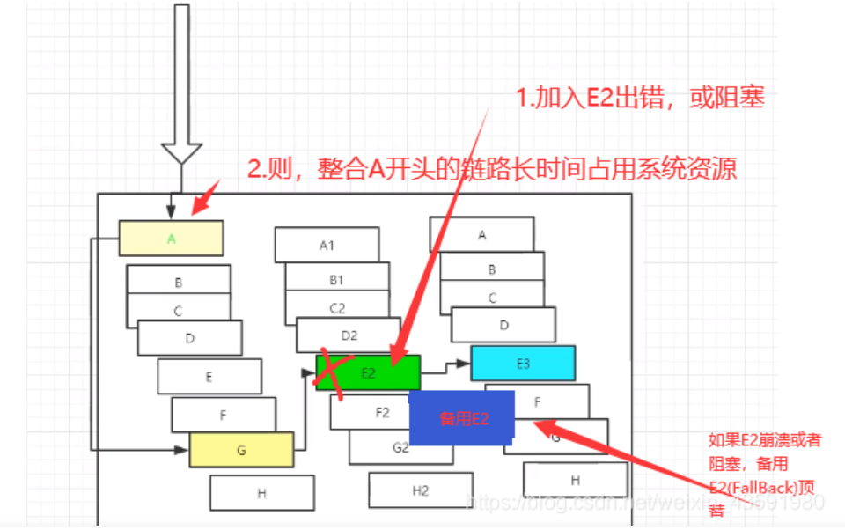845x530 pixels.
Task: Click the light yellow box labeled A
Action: (x=171, y=238)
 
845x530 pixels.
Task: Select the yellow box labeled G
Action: (x=241, y=449)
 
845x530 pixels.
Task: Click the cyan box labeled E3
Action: (x=523, y=363)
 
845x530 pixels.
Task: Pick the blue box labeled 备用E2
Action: (x=462, y=419)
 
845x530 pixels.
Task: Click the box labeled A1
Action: (x=327, y=245)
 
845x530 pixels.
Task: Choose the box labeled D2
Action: (x=349, y=335)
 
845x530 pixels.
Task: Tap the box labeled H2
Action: (x=420, y=490)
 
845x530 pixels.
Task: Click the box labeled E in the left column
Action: (x=209, y=377)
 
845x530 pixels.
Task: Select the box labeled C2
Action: (x=337, y=308)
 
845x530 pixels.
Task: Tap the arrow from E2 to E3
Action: (x=445, y=364)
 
